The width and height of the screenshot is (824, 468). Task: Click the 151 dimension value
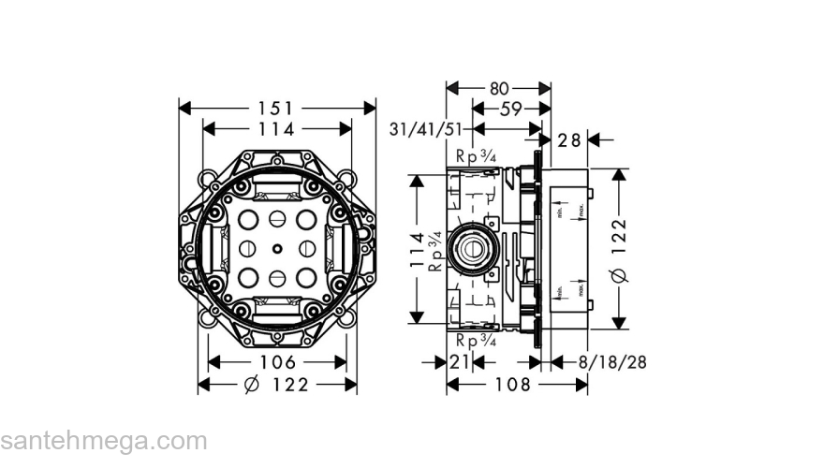click(277, 109)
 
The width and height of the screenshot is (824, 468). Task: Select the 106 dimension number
click(277, 362)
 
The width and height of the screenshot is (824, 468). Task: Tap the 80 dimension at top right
click(498, 88)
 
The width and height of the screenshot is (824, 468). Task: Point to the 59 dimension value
click(510, 110)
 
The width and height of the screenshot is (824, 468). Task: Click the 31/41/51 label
click(427, 129)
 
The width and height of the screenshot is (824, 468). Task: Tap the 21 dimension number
click(459, 362)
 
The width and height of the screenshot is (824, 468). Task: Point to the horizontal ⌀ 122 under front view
click(276, 385)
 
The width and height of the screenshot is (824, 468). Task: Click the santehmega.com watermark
click(103, 440)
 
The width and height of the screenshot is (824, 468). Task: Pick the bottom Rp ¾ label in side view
click(476, 341)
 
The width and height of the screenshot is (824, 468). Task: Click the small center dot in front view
click(277, 249)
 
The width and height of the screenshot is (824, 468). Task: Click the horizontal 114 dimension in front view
click(277, 130)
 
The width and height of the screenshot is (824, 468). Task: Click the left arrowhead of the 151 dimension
click(184, 109)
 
